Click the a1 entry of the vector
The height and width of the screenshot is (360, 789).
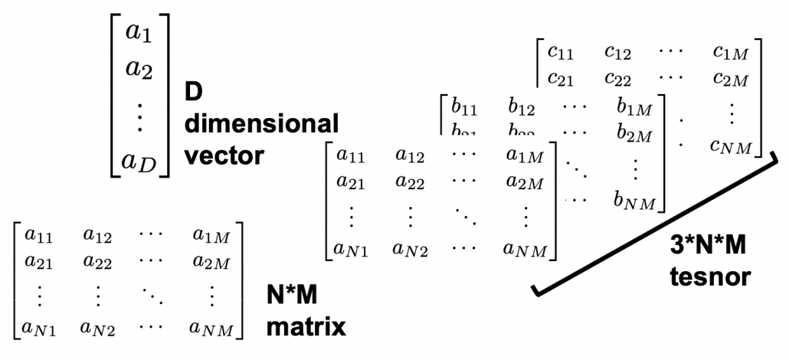tap(139, 34)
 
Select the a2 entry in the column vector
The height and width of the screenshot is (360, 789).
tap(139, 71)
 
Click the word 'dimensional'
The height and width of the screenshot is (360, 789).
tap(261, 124)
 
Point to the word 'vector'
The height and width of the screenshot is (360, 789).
tap(224, 155)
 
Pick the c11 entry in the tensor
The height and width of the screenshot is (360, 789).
tap(561, 52)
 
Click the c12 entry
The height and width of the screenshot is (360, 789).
tap(619, 52)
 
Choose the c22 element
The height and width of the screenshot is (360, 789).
tap(619, 79)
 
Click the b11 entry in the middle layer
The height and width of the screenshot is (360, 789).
tap(465, 107)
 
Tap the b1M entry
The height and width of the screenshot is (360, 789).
tap(632, 107)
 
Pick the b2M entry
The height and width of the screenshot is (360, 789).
tap(632, 136)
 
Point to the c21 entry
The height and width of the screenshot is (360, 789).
tap(561, 79)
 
